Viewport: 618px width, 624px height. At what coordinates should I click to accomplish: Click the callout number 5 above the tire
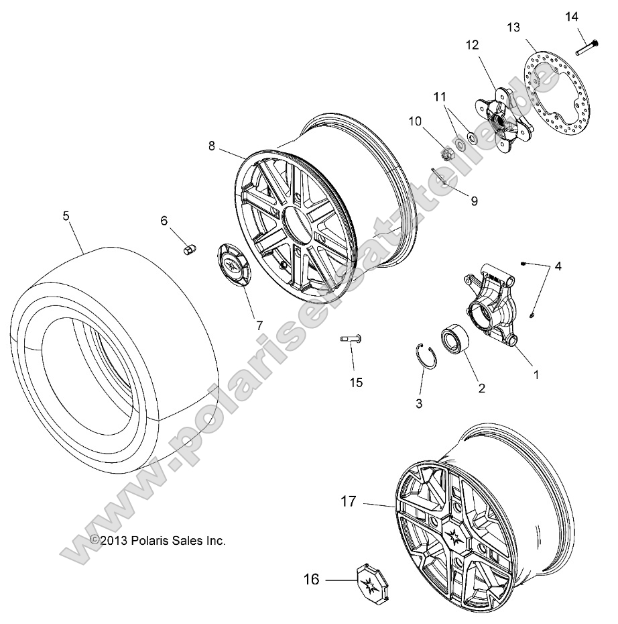point(66,216)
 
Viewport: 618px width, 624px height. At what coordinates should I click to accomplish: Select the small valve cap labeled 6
point(189,250)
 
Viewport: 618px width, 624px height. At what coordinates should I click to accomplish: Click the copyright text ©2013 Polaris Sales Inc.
point(158,540)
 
